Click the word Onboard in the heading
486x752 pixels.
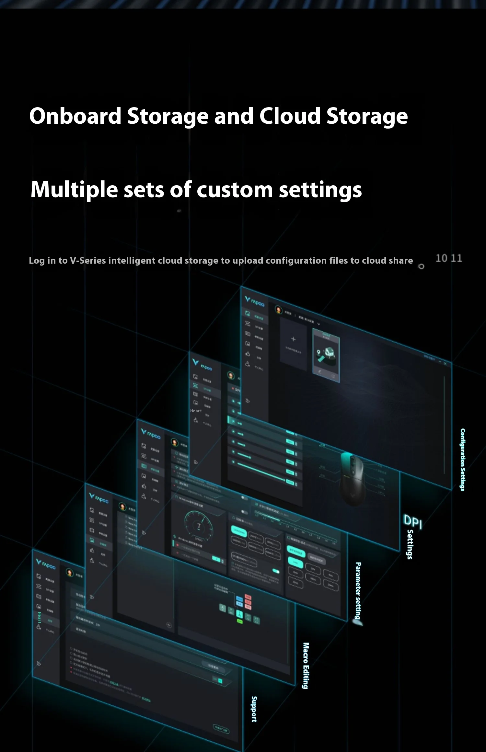pyautogui.click(x=75, y=116)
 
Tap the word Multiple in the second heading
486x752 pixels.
pyautogui.click(x=74, y=189)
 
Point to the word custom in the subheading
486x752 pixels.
pyautogui.click(x=235, y=190)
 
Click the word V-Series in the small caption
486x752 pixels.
pyautogui.click(x=88, y=260)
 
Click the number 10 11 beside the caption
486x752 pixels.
pyautogui.click(x=449, y=258)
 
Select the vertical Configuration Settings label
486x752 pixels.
pyautogui.click(x=463, y=460)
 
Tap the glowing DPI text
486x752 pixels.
pyautogui.click(x=413, y=521)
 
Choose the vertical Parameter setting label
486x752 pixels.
pyautogui.click(x=358, y=591)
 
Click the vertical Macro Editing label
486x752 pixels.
pyautogui.click(x=306, y=666)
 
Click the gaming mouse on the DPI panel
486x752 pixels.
pyautogui.click(x=352, y=478)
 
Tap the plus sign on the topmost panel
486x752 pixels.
pyautogui.click(x=293, y=339)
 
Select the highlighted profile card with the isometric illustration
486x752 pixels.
pyautogui.click(x=326, y=355)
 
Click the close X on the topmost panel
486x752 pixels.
pyautogui.click(x=445, y=364)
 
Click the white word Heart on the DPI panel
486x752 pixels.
pyautogui.click(x=196, y=411)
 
